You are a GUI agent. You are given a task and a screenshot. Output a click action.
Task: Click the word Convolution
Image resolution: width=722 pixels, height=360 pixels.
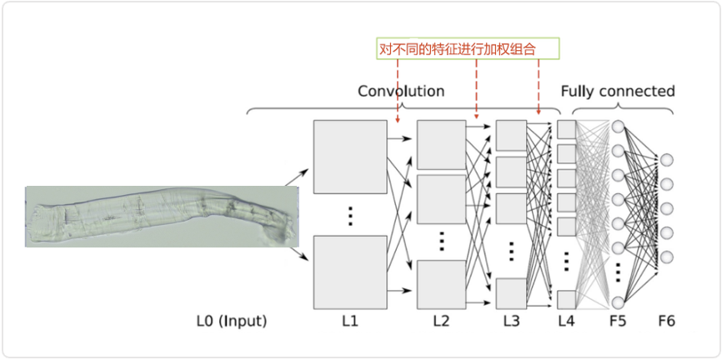[x=401, y=91]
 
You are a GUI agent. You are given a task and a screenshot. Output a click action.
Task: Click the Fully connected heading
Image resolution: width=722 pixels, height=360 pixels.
[x=617, y=91]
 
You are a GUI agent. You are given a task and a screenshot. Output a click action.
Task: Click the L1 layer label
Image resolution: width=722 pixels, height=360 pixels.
[x=349, y=319]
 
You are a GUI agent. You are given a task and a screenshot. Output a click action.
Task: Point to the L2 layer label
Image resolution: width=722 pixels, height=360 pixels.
[x=440, y=319]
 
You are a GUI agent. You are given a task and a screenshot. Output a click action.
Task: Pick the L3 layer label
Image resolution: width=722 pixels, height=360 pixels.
[x=511, y=319]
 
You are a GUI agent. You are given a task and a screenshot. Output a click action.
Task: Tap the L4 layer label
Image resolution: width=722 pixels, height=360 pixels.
[x=567, y=319]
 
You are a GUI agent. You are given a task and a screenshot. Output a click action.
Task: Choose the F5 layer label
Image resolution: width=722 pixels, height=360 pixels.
[x=619, y=319]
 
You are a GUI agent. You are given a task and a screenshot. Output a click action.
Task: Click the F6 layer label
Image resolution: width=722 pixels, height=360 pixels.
[x=667, y=319]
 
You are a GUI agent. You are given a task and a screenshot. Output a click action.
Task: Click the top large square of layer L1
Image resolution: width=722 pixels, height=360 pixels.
[x=350, y=157]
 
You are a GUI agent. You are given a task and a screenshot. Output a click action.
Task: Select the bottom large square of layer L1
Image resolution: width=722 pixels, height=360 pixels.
[x=350, y=271]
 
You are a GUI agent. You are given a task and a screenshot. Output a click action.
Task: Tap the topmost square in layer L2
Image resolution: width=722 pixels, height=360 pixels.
[x=440, y=144]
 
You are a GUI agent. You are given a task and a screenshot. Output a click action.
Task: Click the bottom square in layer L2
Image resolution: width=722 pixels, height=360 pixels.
[x=440, y=284]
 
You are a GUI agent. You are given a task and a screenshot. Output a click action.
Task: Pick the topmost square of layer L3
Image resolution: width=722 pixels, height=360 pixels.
[x=511, y=134]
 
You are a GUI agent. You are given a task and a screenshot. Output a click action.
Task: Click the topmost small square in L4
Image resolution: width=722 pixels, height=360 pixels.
[x=566, y=129]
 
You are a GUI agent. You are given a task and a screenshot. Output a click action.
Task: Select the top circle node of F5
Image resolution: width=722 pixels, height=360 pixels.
[x=619, y=128]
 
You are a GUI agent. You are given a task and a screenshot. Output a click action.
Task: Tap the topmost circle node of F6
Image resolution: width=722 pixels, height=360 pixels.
[x=667, y=160]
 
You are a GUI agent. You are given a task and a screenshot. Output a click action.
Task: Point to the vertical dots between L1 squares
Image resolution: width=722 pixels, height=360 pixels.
[x=350, y=215]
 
